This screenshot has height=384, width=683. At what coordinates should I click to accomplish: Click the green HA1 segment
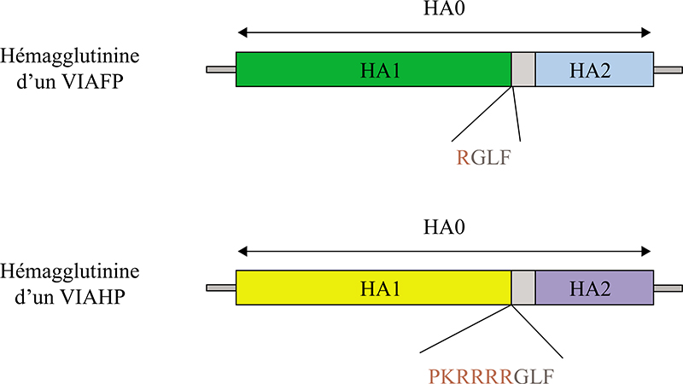(x=373, y=68)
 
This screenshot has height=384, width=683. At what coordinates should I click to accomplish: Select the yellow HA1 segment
(x=373, y=288)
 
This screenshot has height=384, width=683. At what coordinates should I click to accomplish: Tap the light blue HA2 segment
(x=594, y=68)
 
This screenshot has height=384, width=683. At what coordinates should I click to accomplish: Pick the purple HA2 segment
(x=594, y=288)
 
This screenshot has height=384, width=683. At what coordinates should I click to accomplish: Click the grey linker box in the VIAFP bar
(x=523, y=68)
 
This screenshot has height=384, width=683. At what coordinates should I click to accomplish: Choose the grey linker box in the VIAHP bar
(x=523, y=288)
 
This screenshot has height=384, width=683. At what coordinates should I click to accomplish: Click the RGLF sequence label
(x=487, y=156)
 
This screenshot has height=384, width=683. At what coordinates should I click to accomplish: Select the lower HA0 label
(x=445, y=230)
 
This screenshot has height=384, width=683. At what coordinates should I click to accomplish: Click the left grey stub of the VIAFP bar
(x=221, y=69)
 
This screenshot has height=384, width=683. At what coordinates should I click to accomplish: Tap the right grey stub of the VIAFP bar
(x=667, y=69)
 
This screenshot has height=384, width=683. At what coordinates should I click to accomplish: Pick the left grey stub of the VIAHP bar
(x=221, y=288)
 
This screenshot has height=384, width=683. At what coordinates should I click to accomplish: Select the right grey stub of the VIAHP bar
(x=667, y=288)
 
